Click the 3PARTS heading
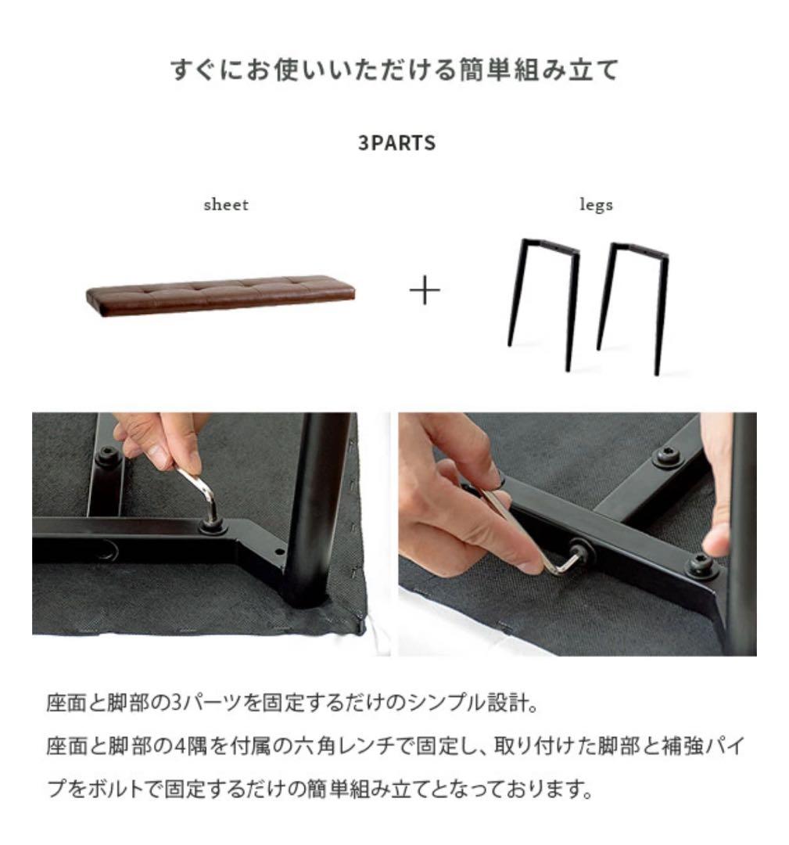point(396,144)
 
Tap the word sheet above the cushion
point(225,205)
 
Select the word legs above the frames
point(596,205)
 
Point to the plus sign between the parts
point(425,292)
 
